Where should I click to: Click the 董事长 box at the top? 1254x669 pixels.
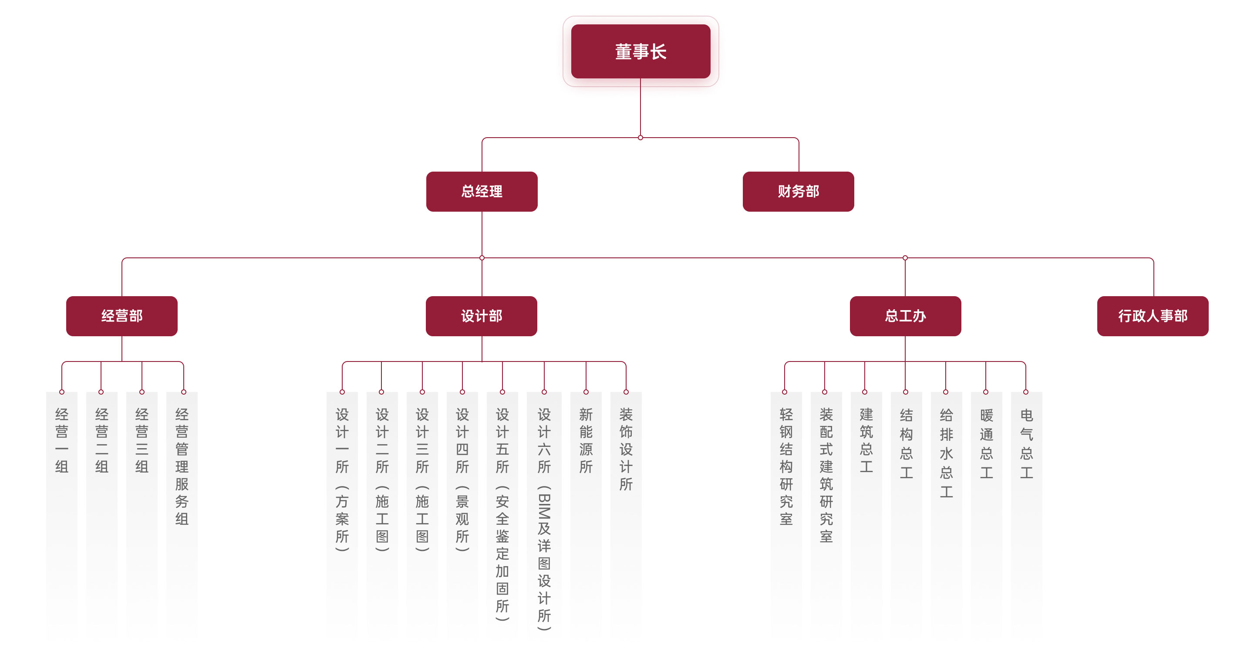[640, 51]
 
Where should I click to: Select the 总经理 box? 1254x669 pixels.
[482, 191]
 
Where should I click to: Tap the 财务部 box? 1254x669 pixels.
[799, 191]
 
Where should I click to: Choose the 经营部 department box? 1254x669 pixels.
[122, 316]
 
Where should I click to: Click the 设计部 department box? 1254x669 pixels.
[482, 316]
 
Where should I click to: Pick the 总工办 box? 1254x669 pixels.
[906, 316]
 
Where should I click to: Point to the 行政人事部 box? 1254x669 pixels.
[1153, 316]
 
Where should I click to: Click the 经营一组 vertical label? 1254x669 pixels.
[62, 440]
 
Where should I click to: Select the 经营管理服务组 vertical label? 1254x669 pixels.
[182, 466]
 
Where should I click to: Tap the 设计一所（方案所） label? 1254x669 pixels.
[342, 479]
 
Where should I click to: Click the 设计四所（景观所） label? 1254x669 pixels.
[462, 479]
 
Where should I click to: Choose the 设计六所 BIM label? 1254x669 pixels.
[544, 519]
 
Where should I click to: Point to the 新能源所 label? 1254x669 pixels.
[586, 440]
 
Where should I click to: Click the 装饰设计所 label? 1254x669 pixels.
[626, 449]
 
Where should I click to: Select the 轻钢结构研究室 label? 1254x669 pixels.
[786, 466]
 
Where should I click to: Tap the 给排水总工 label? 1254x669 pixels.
[946, 453]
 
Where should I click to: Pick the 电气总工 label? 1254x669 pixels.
[1027, 443]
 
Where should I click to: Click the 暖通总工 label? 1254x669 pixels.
[987, 443]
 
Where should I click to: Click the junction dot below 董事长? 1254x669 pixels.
[640, 138]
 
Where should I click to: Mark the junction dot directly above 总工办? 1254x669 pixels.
[906, 258]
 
